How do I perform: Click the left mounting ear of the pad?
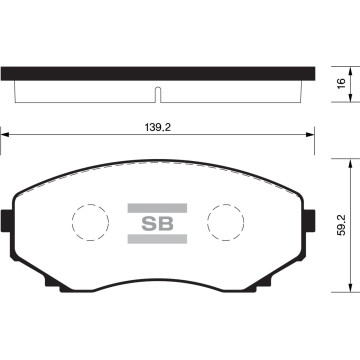8,219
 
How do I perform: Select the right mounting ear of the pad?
311,219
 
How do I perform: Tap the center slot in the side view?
159,95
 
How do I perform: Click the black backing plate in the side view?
159,74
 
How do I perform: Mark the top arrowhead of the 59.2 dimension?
349,161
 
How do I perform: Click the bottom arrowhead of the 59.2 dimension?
349,286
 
